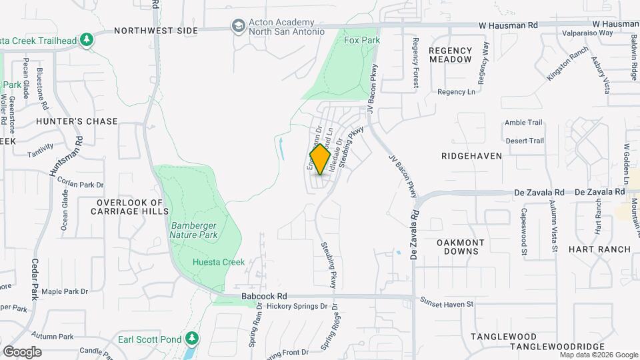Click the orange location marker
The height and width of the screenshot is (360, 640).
coord(320,159)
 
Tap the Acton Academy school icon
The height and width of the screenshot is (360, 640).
coord(237,26)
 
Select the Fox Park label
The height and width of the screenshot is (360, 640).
coord(362,41)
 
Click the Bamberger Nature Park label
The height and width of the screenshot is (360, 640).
coord(193,230)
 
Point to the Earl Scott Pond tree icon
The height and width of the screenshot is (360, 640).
coord(191,339)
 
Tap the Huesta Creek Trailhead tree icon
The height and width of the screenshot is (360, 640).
coord(86,41)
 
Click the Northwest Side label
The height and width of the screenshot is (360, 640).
coord(156,31)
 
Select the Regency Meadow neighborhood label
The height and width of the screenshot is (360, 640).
coord(450,55)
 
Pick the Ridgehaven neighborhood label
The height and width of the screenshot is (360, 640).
coord(471,155)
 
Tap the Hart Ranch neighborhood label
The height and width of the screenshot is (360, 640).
coord(599,249)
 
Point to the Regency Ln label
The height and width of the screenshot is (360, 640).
coord(457,92)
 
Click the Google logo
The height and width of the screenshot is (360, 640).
coord(22,351)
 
